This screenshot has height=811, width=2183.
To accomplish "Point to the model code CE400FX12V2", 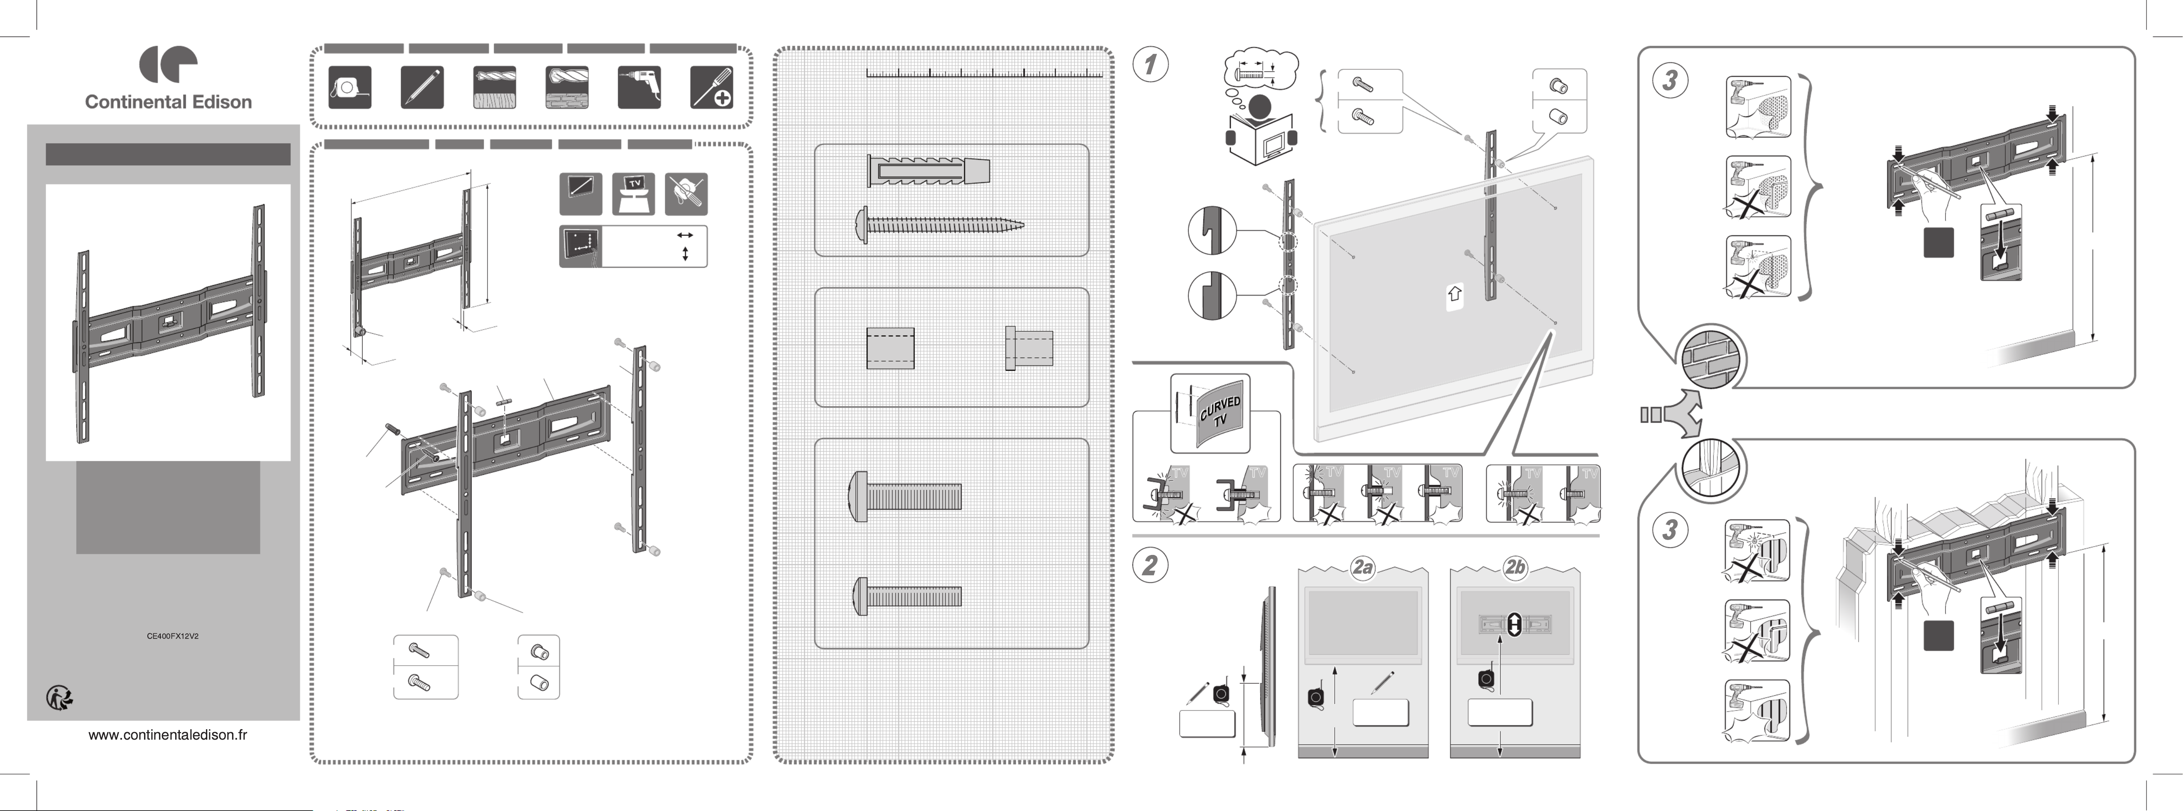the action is tap(173, 635).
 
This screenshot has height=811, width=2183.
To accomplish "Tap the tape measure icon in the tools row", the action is tap(349, 87).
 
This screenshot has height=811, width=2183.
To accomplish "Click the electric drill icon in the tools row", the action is tap(639, 87).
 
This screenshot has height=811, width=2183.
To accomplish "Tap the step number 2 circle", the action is tap(1150, 565).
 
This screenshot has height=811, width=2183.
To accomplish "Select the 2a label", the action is tap(1362, 567).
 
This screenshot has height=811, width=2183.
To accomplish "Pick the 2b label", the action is tap(1514, 567).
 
